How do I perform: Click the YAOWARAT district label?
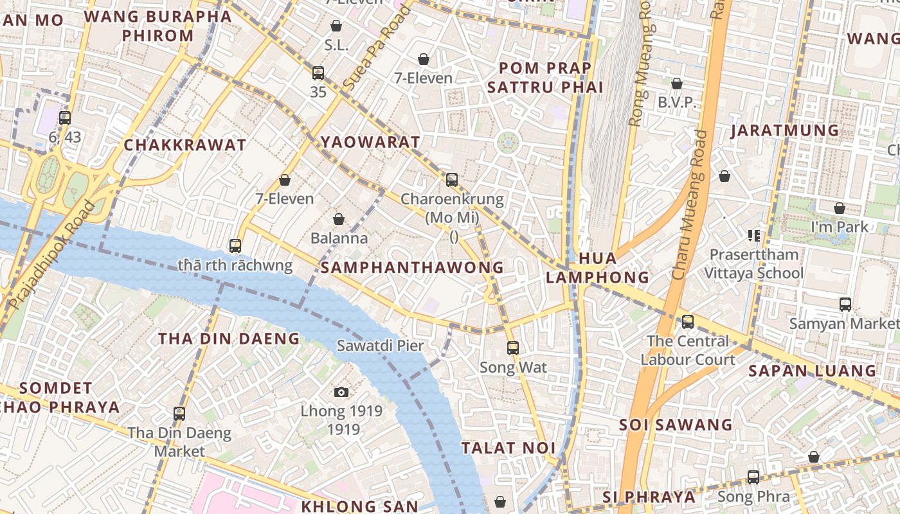point(370,142)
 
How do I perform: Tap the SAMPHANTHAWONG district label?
point(412,267)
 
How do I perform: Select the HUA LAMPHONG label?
point(597,267)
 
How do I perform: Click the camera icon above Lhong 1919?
point(341,392)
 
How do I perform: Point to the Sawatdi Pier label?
point(381,346)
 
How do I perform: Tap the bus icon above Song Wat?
point(512,348)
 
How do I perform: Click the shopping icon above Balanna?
point(339,219)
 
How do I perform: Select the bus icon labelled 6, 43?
point(64,118)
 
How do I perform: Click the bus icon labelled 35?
point(318,73)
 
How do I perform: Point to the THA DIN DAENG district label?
point(229,339)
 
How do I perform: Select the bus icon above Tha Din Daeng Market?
point(179,414)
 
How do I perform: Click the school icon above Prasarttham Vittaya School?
point(753,236)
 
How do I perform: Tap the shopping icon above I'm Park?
point(839,208)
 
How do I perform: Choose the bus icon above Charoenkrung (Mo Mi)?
point(452,180)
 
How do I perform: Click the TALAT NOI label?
point(507,448)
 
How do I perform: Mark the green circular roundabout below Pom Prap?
point(508,142)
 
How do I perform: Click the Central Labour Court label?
point(688,350)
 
